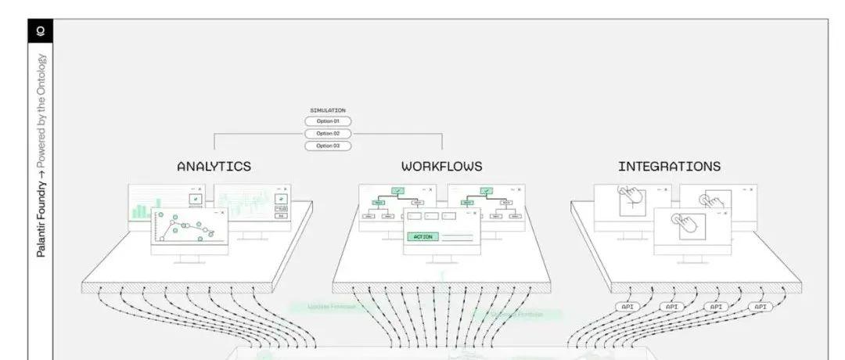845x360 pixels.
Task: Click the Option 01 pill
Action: pos(328,121)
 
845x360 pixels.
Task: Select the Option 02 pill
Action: pos(328,134)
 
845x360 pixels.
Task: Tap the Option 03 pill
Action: pos(328,146)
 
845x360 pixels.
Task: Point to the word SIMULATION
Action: pos(328,110)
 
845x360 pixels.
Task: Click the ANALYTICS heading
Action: pos(214,167)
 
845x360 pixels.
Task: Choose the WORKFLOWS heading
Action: pos(441,167)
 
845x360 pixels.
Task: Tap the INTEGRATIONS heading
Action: pos(669,167)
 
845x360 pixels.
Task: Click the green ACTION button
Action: pos(422,236)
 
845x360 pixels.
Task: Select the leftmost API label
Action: pos(627,307)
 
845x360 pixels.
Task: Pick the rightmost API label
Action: pos(760,307)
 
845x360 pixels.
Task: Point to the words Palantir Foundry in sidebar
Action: pos(41,218)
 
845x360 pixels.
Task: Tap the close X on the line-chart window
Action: pos(222,212)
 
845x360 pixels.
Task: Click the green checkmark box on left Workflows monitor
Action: pos(397,190)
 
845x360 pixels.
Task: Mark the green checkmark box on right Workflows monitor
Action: pos(486,190)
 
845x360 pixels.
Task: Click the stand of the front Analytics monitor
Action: pos(189,259)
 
